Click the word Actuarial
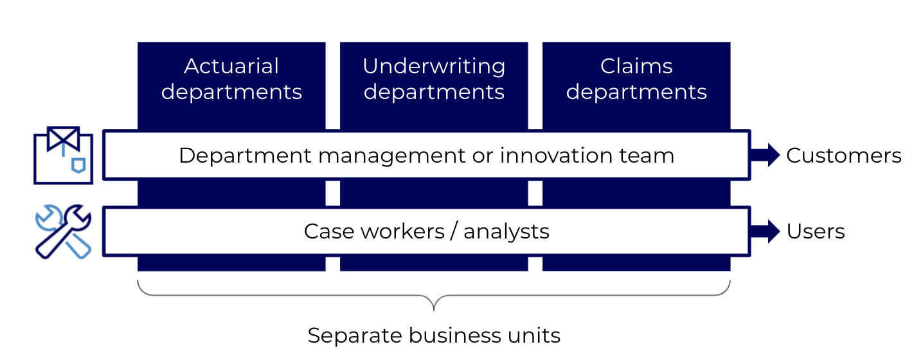click(x=231, y=66)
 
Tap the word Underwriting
click(x=434, y=67)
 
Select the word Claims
click(x=636, y=66)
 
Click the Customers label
click(x=843, y=156)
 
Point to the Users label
click(x=816, y=231)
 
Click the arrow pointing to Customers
click(x=765, y=156)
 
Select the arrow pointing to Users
click(x=765, y=231)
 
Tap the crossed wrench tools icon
click(x=63, y=231)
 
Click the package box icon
click(x=63, y=156)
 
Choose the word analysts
click(x=506, y=232)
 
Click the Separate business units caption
click(x=434, y=336)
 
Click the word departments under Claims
click(x=636, y=92)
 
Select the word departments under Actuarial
click(x=231, y=92)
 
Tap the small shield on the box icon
click(x=78, y=165)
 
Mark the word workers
click(x=402, y=231)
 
